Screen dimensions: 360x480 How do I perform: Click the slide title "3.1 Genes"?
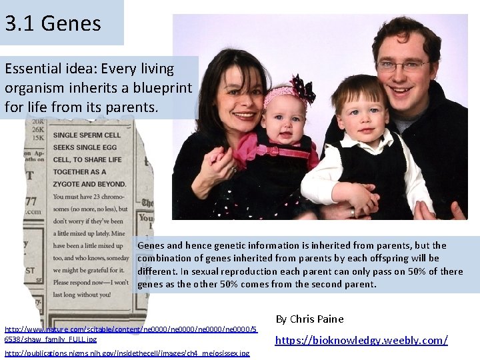click(x=53, y=23)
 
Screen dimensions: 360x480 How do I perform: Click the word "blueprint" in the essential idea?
click(x=160, y=87)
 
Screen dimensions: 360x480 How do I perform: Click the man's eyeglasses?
click(x=403, y=66)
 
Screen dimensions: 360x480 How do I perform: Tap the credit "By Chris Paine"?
click(x=310, y=319)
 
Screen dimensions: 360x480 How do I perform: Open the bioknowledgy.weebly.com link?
click(x=361, y=340)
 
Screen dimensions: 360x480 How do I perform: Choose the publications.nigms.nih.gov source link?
click(x=127, y=353)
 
